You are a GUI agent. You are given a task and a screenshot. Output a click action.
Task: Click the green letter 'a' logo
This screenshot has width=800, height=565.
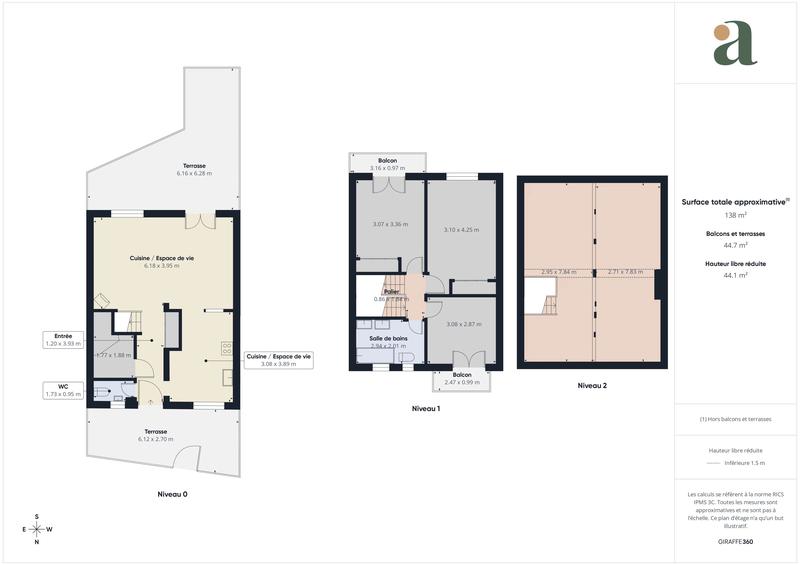click(x=735, y=44)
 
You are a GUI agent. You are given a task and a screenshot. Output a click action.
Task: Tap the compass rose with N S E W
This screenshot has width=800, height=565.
click(x=38, y=529)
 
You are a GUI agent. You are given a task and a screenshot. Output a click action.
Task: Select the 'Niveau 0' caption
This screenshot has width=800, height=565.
click(x=172, y=495)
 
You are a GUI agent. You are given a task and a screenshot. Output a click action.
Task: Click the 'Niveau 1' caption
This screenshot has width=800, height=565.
click(x=426, y=409)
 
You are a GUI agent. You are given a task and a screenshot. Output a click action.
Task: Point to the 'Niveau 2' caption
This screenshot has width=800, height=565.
click(x=592, y=385)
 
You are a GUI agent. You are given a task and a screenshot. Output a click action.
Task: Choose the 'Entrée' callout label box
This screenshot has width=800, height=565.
click(x=64, y=341)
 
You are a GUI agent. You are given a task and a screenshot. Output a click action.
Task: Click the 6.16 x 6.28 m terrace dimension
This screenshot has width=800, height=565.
click(x=189, y=174)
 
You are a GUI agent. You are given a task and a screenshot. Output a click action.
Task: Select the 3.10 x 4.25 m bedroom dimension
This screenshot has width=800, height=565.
click(x=461, y=230)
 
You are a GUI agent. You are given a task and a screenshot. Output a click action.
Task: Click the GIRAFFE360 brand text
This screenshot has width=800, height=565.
click(x=735, y=541)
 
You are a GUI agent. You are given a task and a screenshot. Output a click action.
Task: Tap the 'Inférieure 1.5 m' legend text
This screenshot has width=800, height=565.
click(x=744, y=463)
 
